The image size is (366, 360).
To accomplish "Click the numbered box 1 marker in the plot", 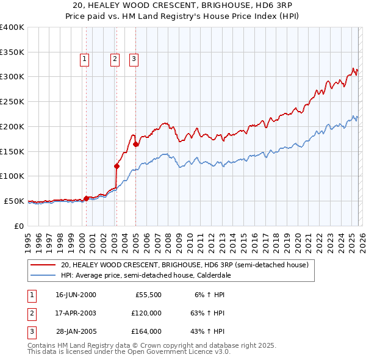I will [x=84, y=59].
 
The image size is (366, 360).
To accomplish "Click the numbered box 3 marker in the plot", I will [x=134, y=59].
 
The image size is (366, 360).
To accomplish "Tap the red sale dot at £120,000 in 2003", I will [x=117, y=165].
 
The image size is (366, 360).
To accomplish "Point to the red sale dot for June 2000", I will [x=86, y=198].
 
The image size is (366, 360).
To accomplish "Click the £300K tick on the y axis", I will [x=12, y=77].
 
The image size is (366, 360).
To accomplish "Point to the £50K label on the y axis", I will [x=14, y=201].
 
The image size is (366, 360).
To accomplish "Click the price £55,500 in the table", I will [x=146, y=294].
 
